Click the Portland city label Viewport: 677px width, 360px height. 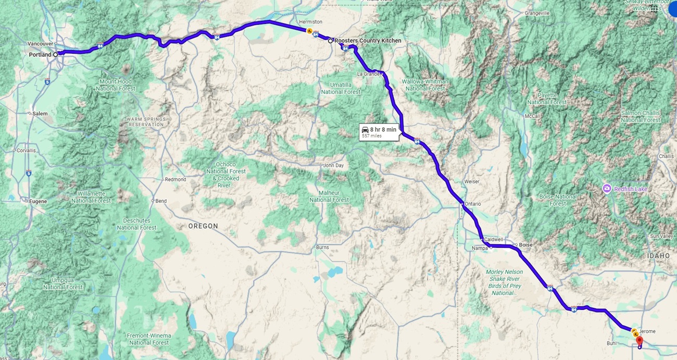pos(40,55)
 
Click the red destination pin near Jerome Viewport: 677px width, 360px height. pos(640,341)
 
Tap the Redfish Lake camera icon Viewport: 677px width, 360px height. pos(607,188)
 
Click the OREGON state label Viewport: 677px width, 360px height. pos(203,226)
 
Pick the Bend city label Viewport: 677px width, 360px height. pos(161,201)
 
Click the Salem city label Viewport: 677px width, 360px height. pos(40,113)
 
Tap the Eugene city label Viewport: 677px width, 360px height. pos(37,201)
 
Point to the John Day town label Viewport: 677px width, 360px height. pos(333,166)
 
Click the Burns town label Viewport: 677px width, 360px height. pos(322,247)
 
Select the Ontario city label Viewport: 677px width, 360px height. pos(473,204)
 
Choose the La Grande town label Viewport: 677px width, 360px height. pos(369,74)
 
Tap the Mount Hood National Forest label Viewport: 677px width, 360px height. pos(115,85)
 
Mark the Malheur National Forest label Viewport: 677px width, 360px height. pos(329,196)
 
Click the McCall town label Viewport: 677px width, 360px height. pos(532,116)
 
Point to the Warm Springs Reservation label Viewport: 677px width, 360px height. pos(146,122)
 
